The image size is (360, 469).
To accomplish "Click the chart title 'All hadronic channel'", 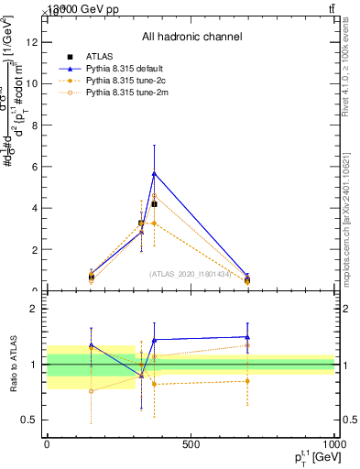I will point(191,37).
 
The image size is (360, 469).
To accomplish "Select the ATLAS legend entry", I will point(101,57).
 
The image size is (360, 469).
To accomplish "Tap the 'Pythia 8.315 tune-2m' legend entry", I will point(116,93).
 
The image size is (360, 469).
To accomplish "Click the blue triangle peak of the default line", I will point(154,172).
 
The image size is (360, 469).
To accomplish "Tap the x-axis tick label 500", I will point(191,445).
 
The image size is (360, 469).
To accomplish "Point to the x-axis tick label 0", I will point(47,445).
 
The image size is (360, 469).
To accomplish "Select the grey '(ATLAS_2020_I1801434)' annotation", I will point(191,274).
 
